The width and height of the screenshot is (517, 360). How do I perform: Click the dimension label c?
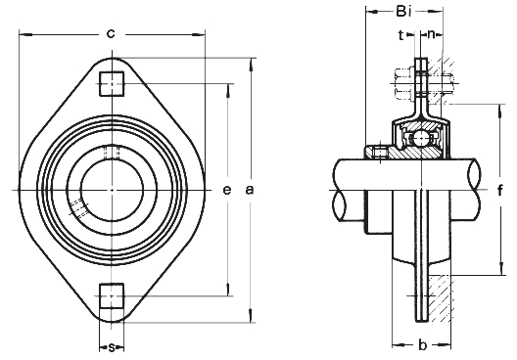(x=111, y=34)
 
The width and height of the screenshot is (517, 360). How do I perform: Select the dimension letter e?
(x=226, y=190)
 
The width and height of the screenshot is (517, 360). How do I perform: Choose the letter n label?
(x=433, y=34)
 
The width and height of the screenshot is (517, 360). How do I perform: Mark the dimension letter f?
(x=498, y=190)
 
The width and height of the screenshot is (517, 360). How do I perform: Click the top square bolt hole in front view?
(x=111, y=83)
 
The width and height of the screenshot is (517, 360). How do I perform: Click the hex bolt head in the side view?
(x=403, y=82)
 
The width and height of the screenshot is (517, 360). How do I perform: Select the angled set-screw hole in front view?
(x=78, y=207)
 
